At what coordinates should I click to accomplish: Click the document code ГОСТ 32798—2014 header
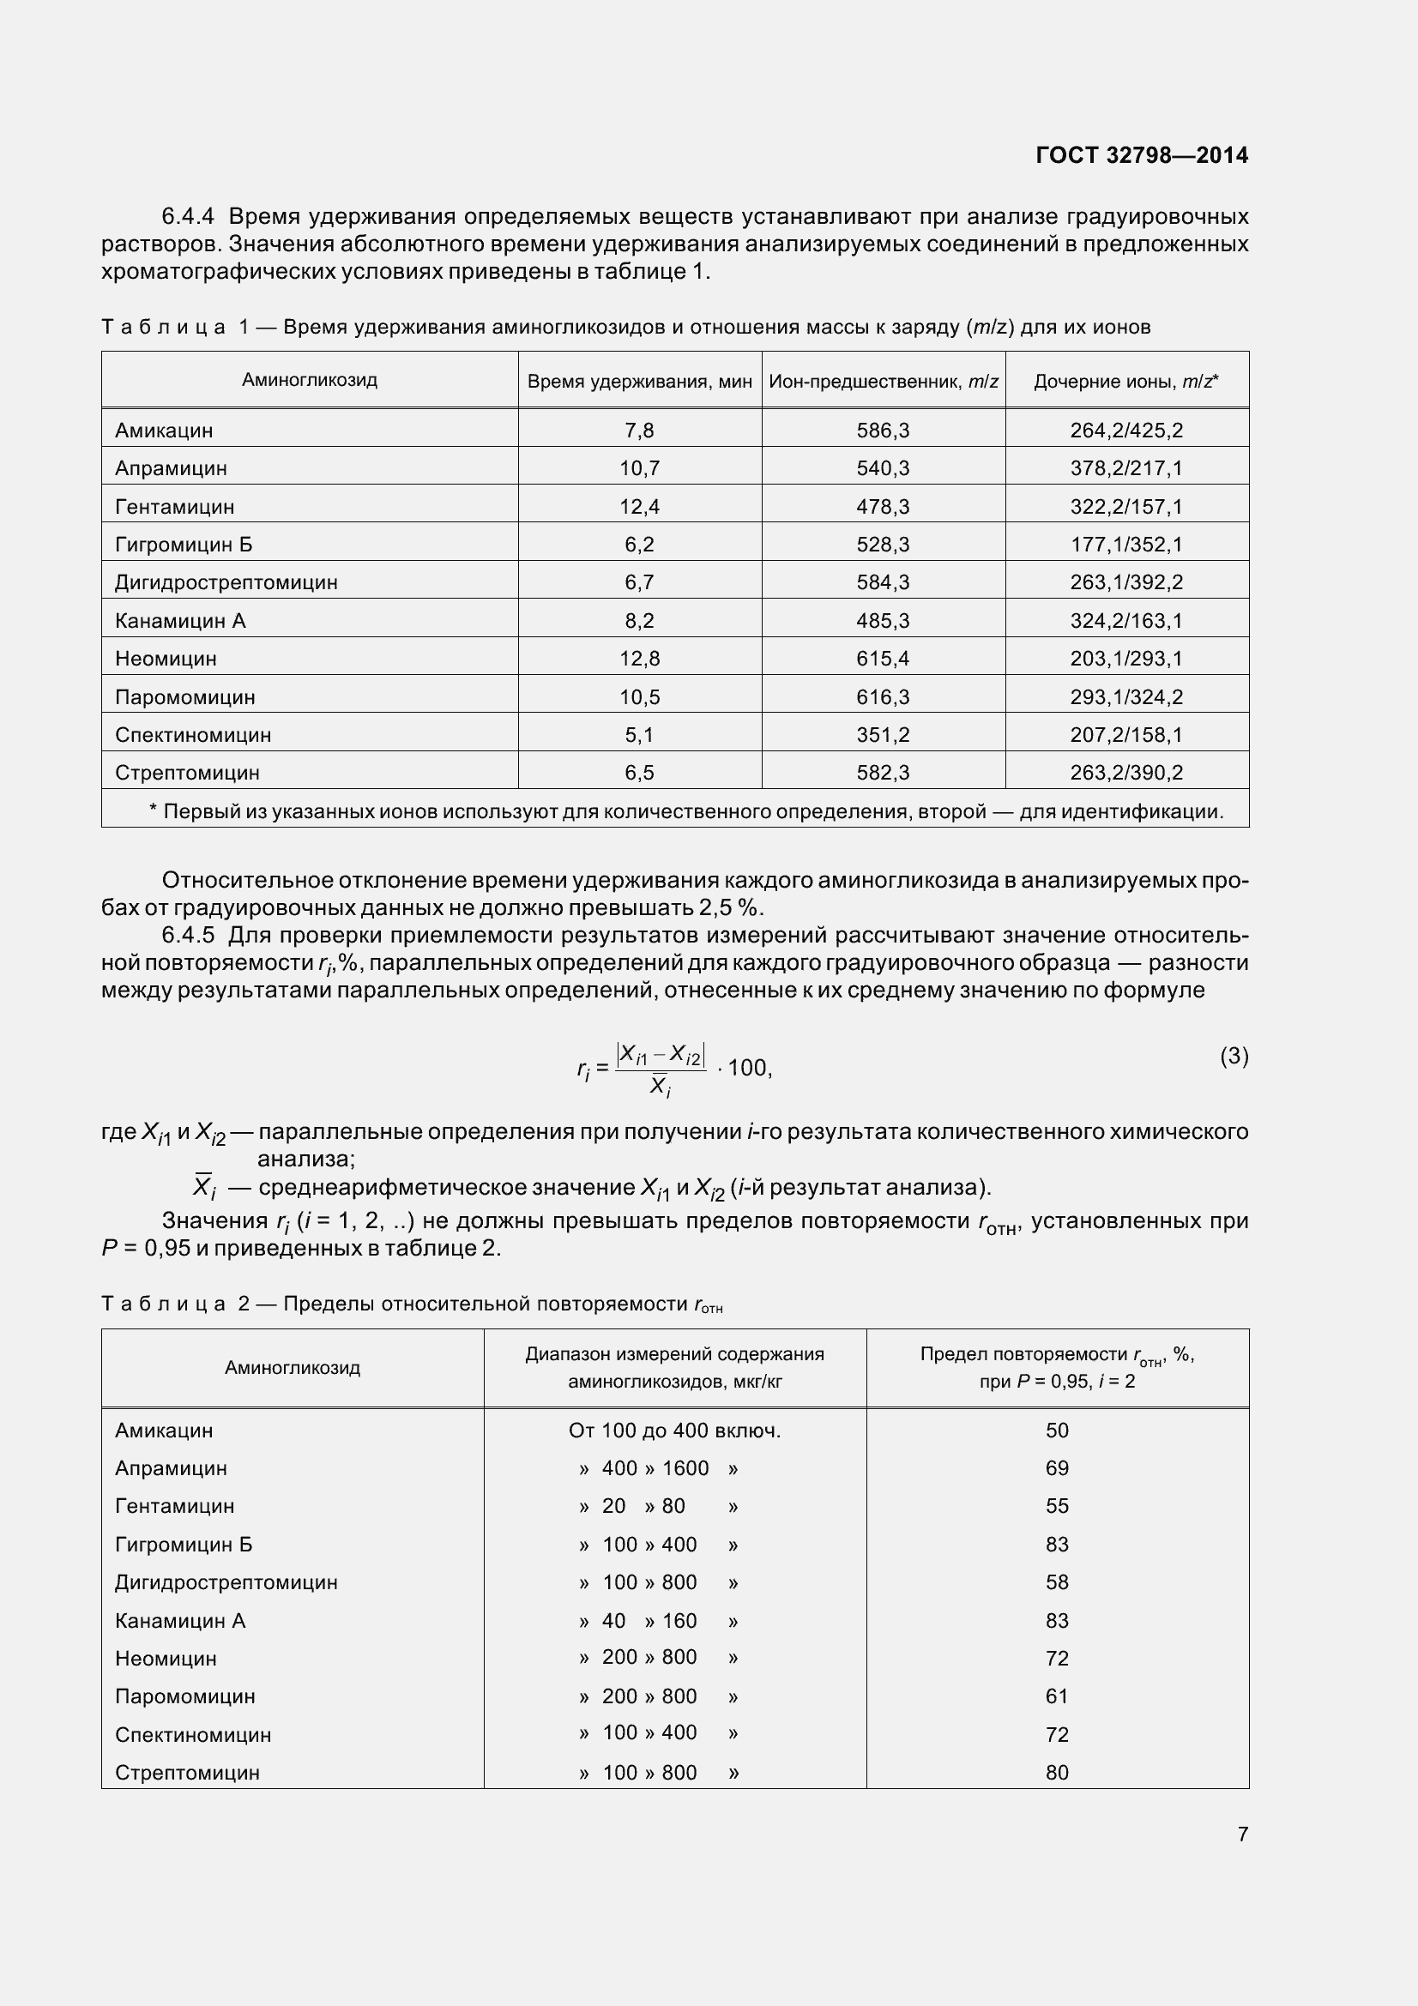1141,155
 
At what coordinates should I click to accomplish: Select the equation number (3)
1234,1057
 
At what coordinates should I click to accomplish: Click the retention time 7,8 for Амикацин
639,430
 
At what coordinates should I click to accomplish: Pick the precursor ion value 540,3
883,468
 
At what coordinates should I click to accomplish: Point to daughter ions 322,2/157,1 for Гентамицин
1125,507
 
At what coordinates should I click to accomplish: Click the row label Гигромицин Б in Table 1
184,545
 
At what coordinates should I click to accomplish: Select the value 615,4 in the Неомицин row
883,659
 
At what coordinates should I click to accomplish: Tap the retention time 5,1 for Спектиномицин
639,735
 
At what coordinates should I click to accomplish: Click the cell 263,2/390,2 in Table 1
1125,773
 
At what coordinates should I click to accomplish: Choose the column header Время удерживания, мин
640,381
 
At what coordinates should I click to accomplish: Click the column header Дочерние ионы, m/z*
1125,381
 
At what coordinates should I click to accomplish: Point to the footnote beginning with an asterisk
686,811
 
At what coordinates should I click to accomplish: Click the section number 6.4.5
188,936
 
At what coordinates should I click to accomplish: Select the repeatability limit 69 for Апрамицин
1056,1467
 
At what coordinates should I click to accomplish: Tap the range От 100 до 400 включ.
674,1431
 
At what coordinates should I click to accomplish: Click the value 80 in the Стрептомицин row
1056,1772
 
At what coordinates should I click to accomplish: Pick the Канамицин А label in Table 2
180,1621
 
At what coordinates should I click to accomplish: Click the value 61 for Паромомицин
1056,1696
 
